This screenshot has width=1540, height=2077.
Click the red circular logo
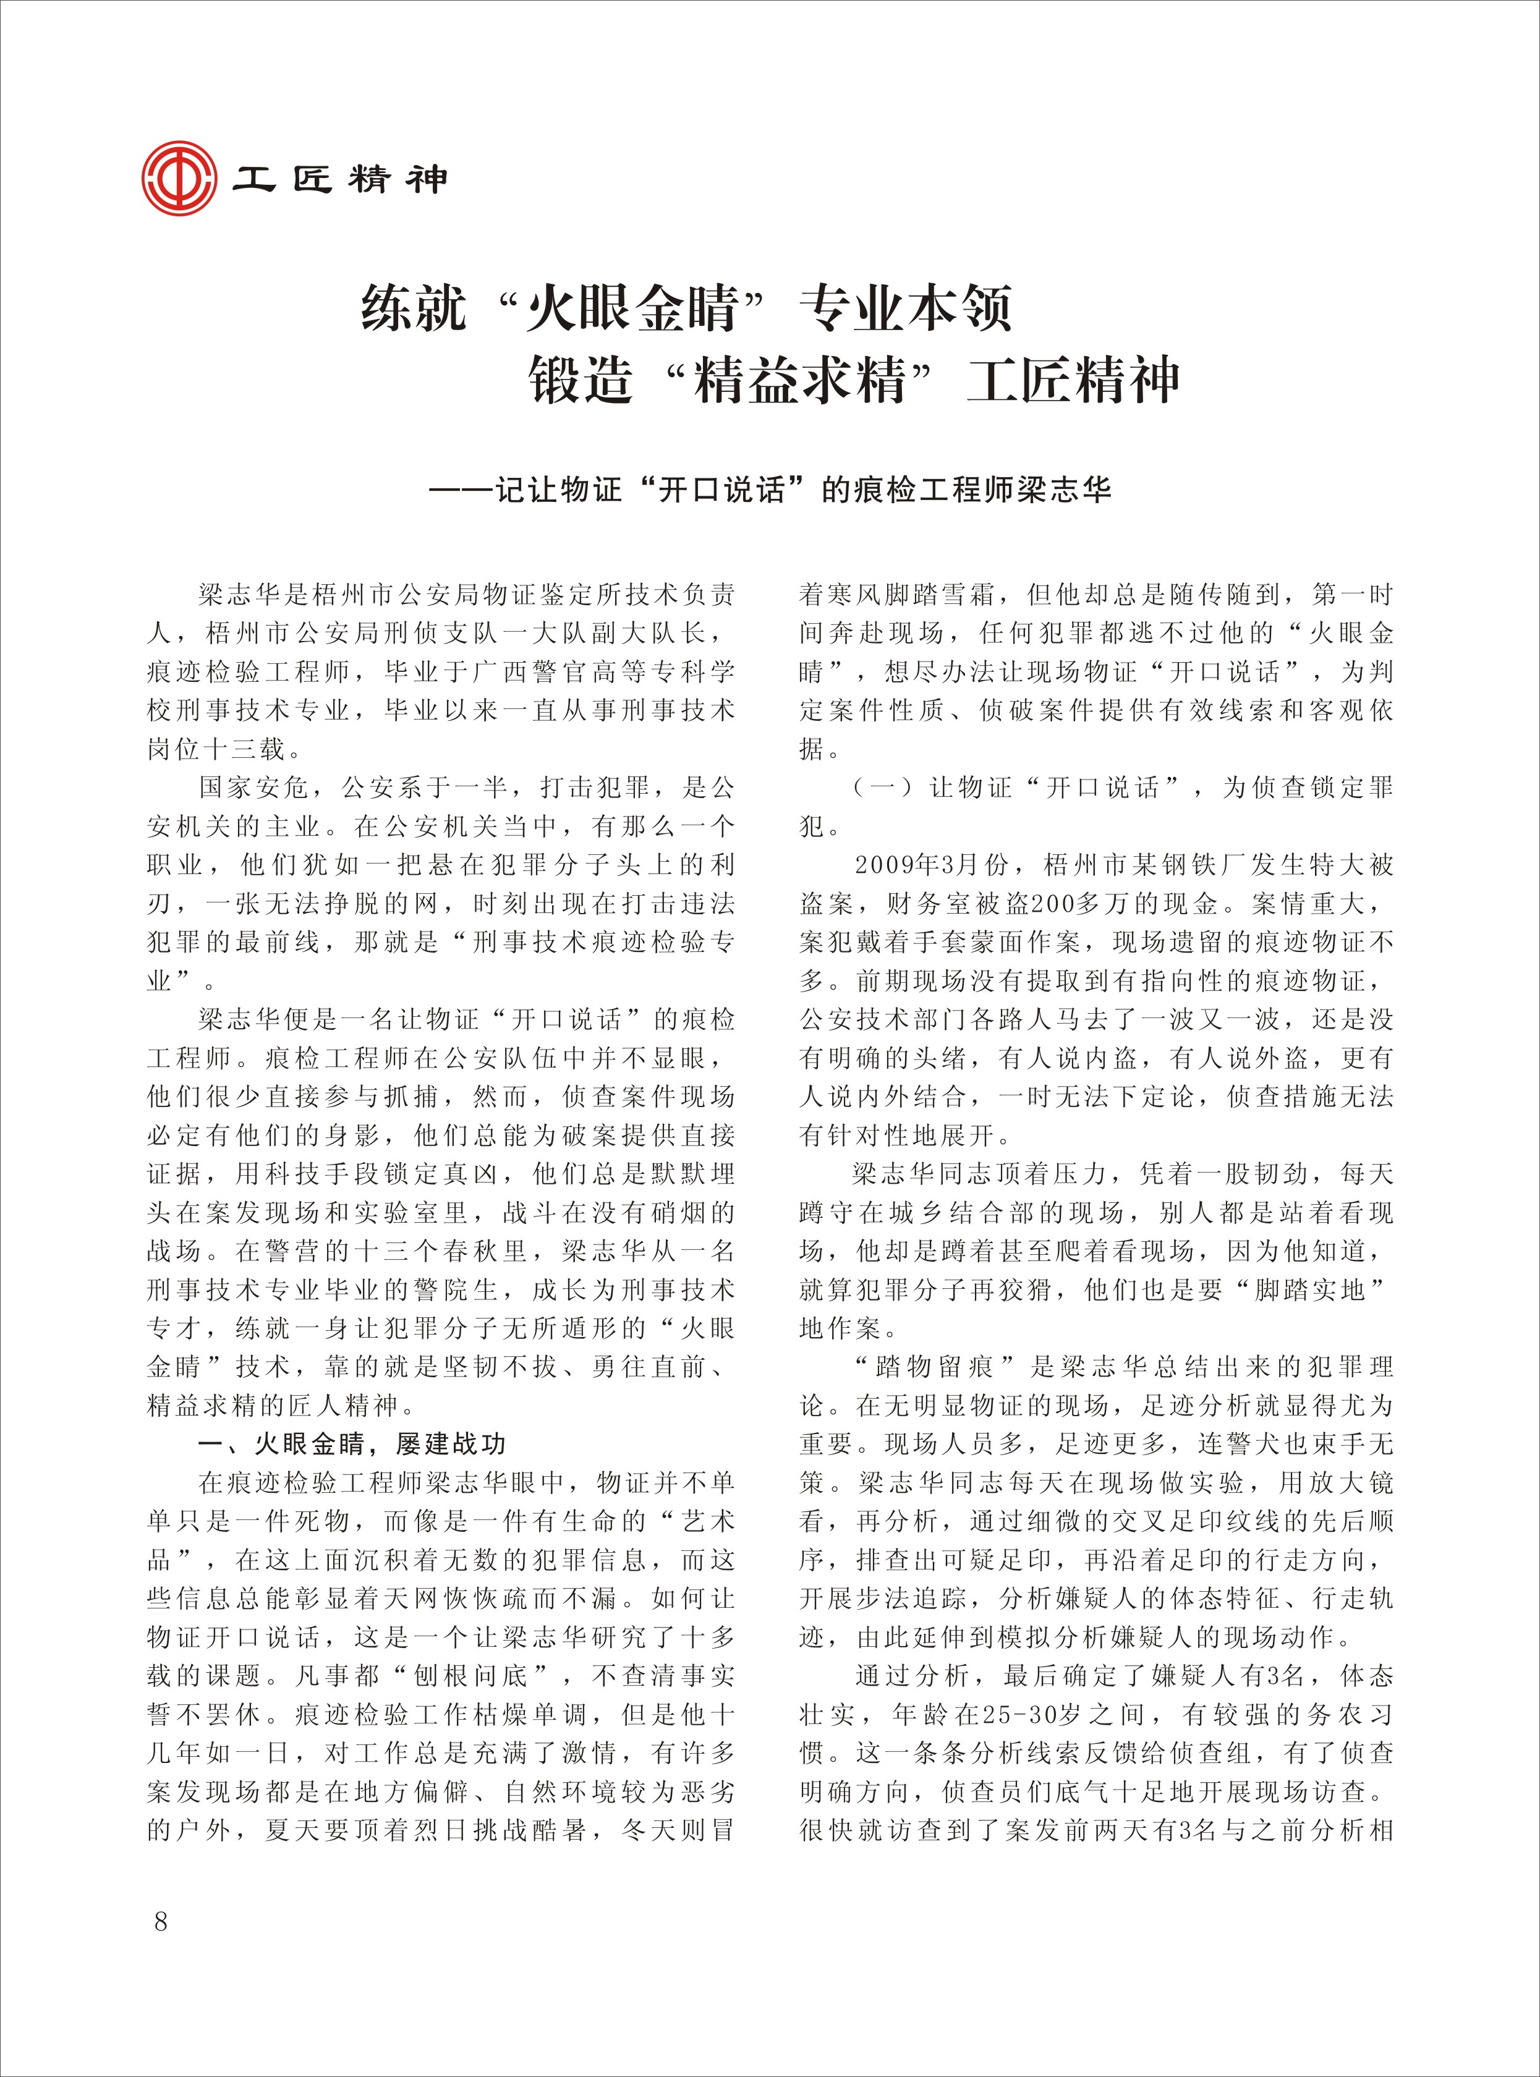179,177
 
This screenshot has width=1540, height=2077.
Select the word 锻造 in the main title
581,380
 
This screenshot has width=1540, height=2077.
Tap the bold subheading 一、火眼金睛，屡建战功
351,1444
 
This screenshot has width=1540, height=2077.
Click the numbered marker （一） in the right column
882,788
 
